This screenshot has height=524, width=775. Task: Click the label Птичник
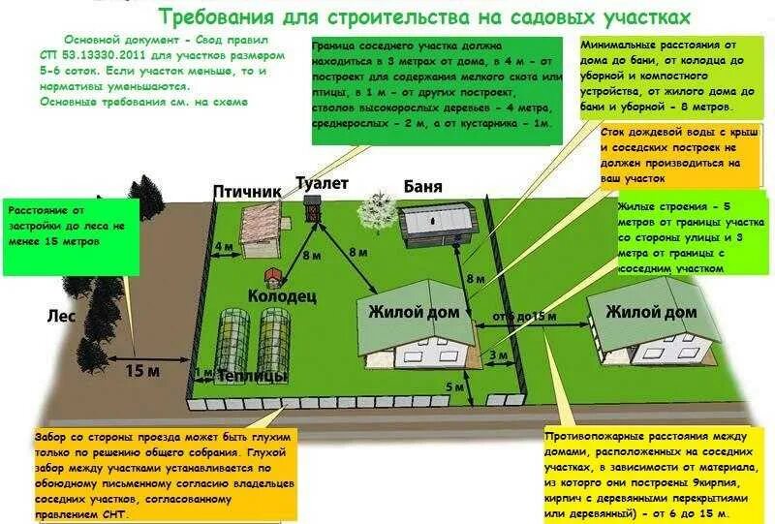[x=247, y=191]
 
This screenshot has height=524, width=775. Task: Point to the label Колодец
[x=282, y=297]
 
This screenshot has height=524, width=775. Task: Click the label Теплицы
[x=252, y=376]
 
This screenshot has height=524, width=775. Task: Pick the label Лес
[x=60, y=316]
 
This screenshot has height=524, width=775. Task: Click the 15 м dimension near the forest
[x=140, y=369]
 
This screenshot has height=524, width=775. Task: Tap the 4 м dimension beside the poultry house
[x=223, y=246]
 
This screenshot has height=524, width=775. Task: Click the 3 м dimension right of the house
[x=497, y=355]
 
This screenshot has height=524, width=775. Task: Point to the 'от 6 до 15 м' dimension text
[x=524, y=317]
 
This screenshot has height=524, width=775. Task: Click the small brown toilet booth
[x=312, y=207]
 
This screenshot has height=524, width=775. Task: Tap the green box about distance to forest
[x=71, y=232]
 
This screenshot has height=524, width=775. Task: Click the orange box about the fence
[x=164, y=476]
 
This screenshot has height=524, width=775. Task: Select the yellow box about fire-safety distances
[x=650, y=474]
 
